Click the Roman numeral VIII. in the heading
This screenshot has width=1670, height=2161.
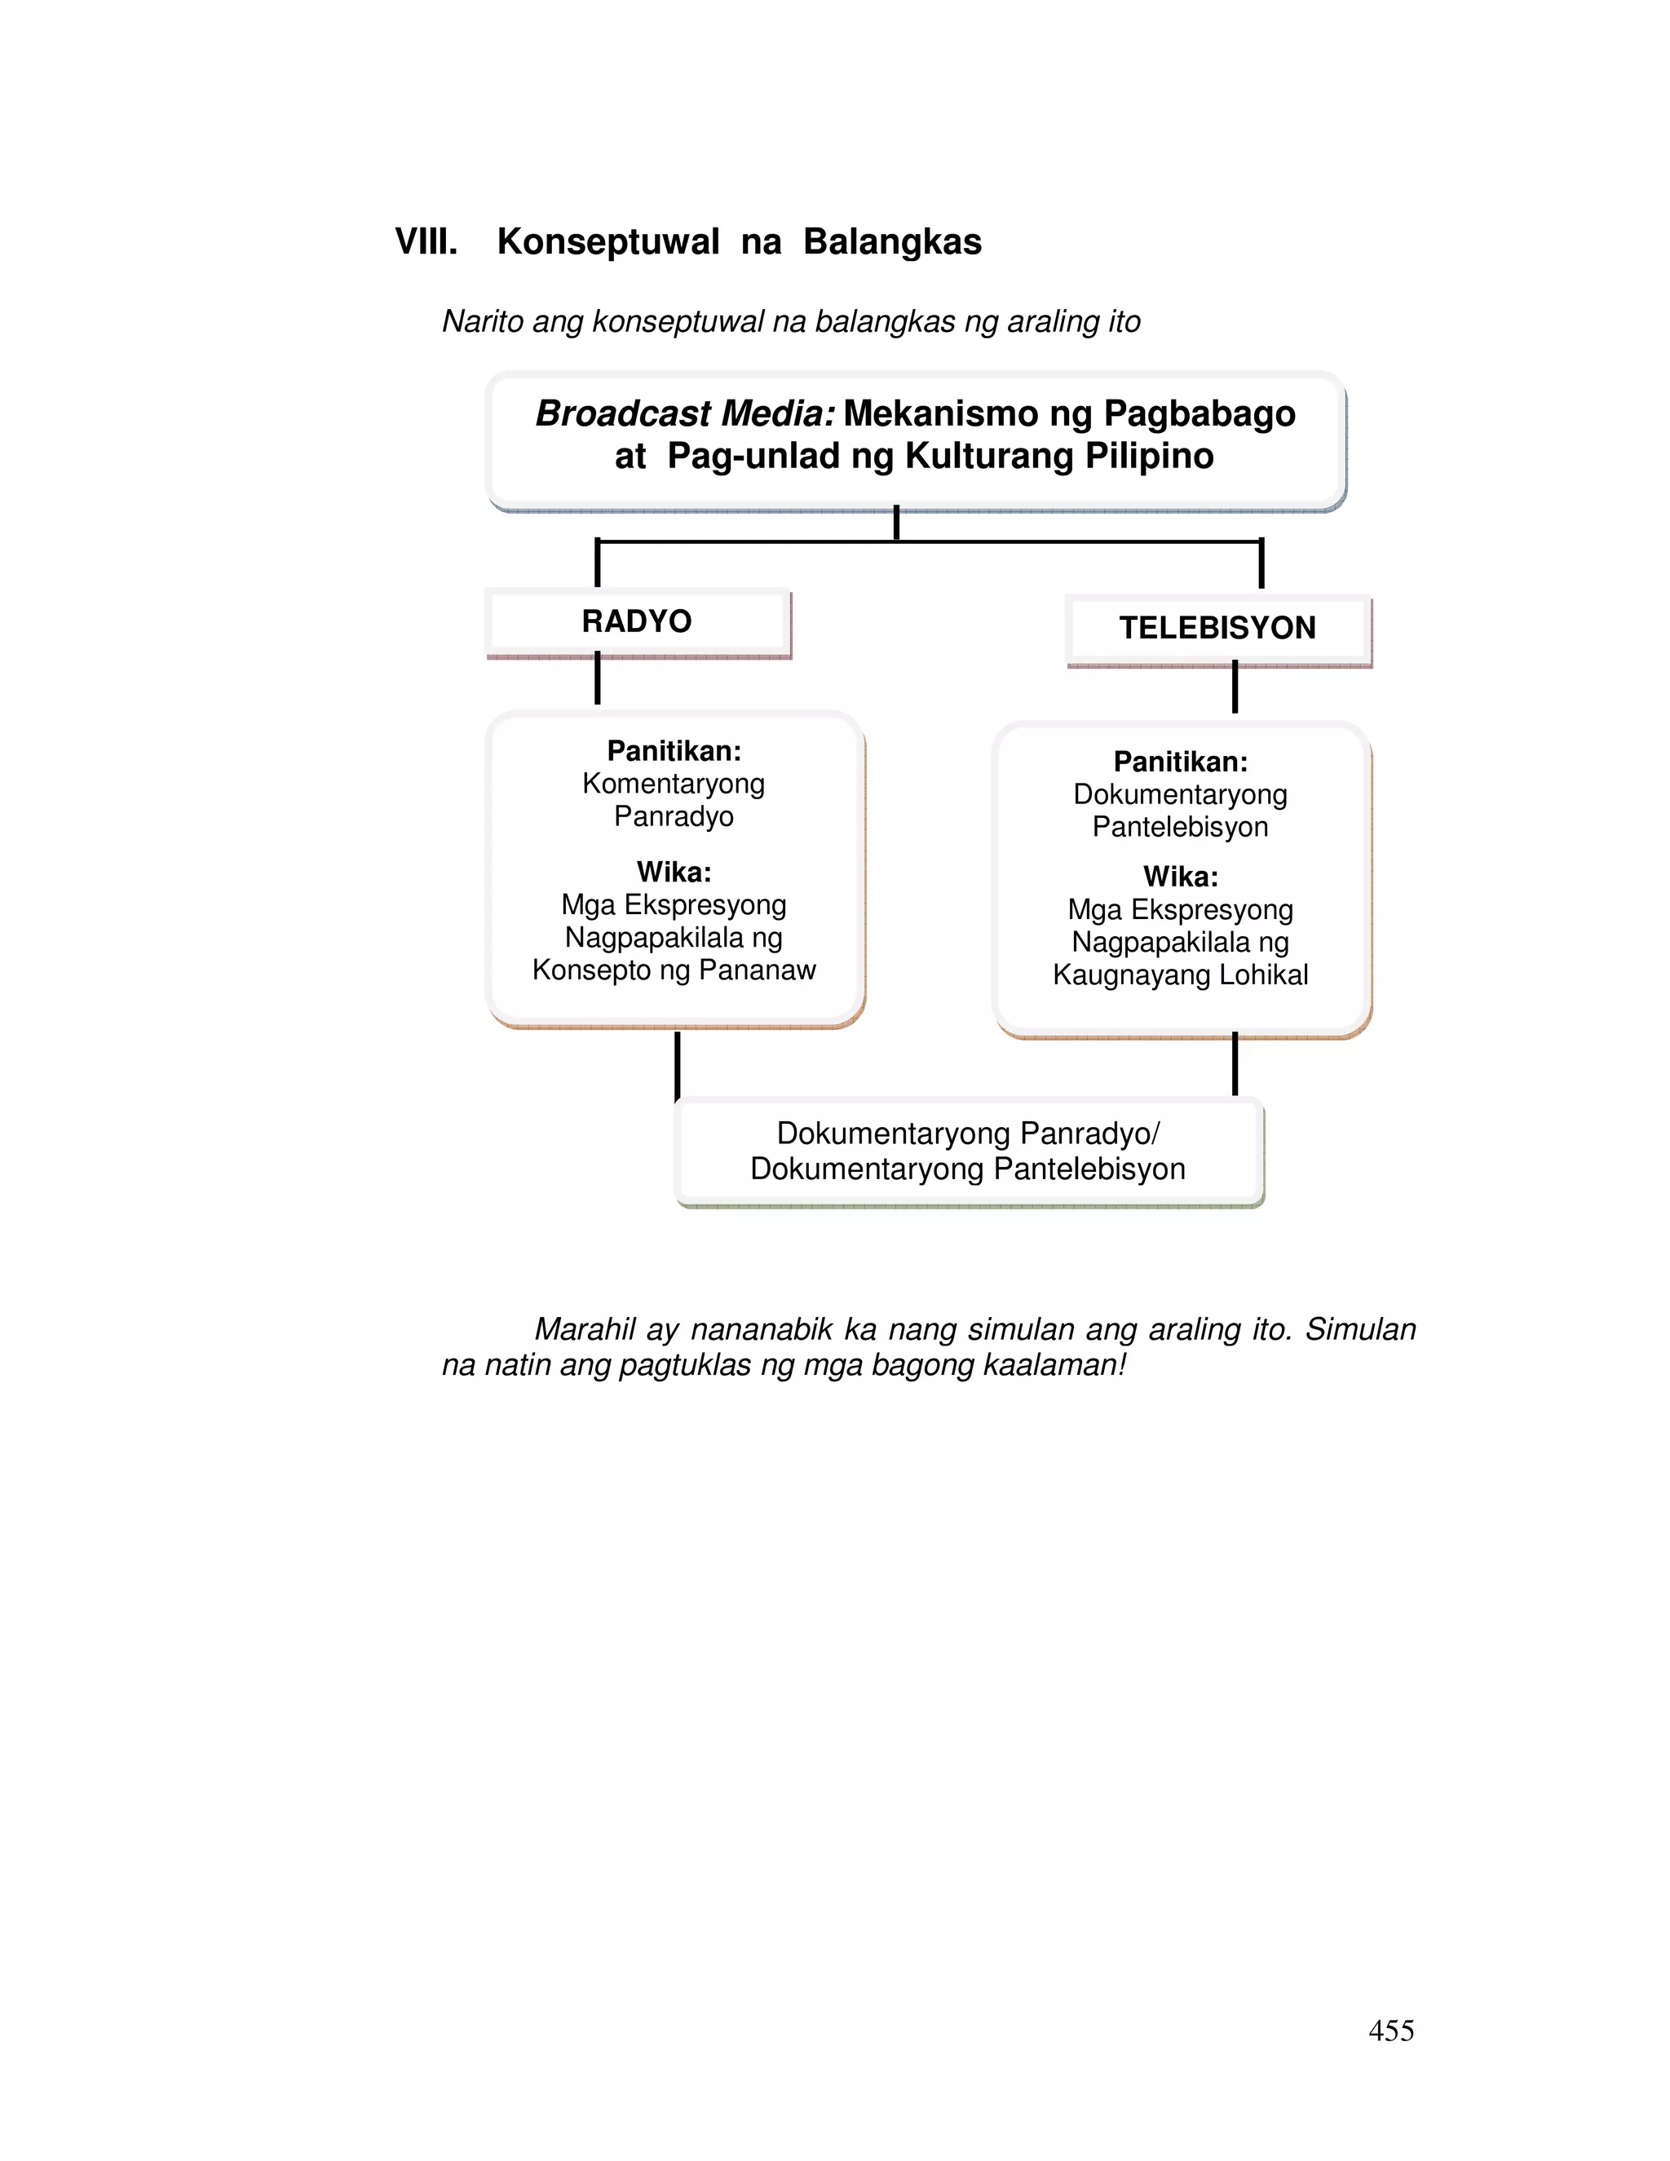426,241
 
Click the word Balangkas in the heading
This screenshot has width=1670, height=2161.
891,241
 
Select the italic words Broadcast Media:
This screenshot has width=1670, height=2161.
686,413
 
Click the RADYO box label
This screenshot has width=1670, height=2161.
636,621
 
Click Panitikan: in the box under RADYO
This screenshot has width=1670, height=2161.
674,751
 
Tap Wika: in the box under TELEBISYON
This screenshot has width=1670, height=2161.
1180,877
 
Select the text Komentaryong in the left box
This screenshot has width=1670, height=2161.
674,784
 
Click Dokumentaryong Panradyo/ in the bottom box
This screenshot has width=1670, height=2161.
968,1133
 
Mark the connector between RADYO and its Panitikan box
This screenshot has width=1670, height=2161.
598,680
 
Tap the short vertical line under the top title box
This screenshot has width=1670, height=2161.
896,524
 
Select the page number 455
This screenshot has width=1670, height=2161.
1391,2031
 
